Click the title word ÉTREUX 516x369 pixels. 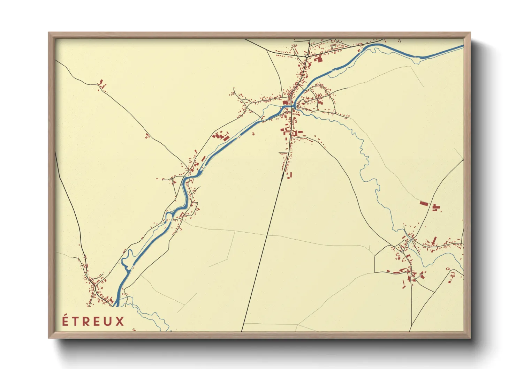coord(93,321)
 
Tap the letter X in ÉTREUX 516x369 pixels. coord(120,321)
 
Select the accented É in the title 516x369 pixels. coord(65,321)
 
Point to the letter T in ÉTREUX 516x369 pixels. coord(76,321)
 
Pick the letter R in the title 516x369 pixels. coord(86,321)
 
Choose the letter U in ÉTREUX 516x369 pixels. coord(108,321)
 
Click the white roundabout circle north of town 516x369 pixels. coord(307,56)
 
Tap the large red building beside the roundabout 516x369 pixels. coord(318,59)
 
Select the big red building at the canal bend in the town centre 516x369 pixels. coord(286,102)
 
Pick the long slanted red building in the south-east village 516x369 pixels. coord(434,240)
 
